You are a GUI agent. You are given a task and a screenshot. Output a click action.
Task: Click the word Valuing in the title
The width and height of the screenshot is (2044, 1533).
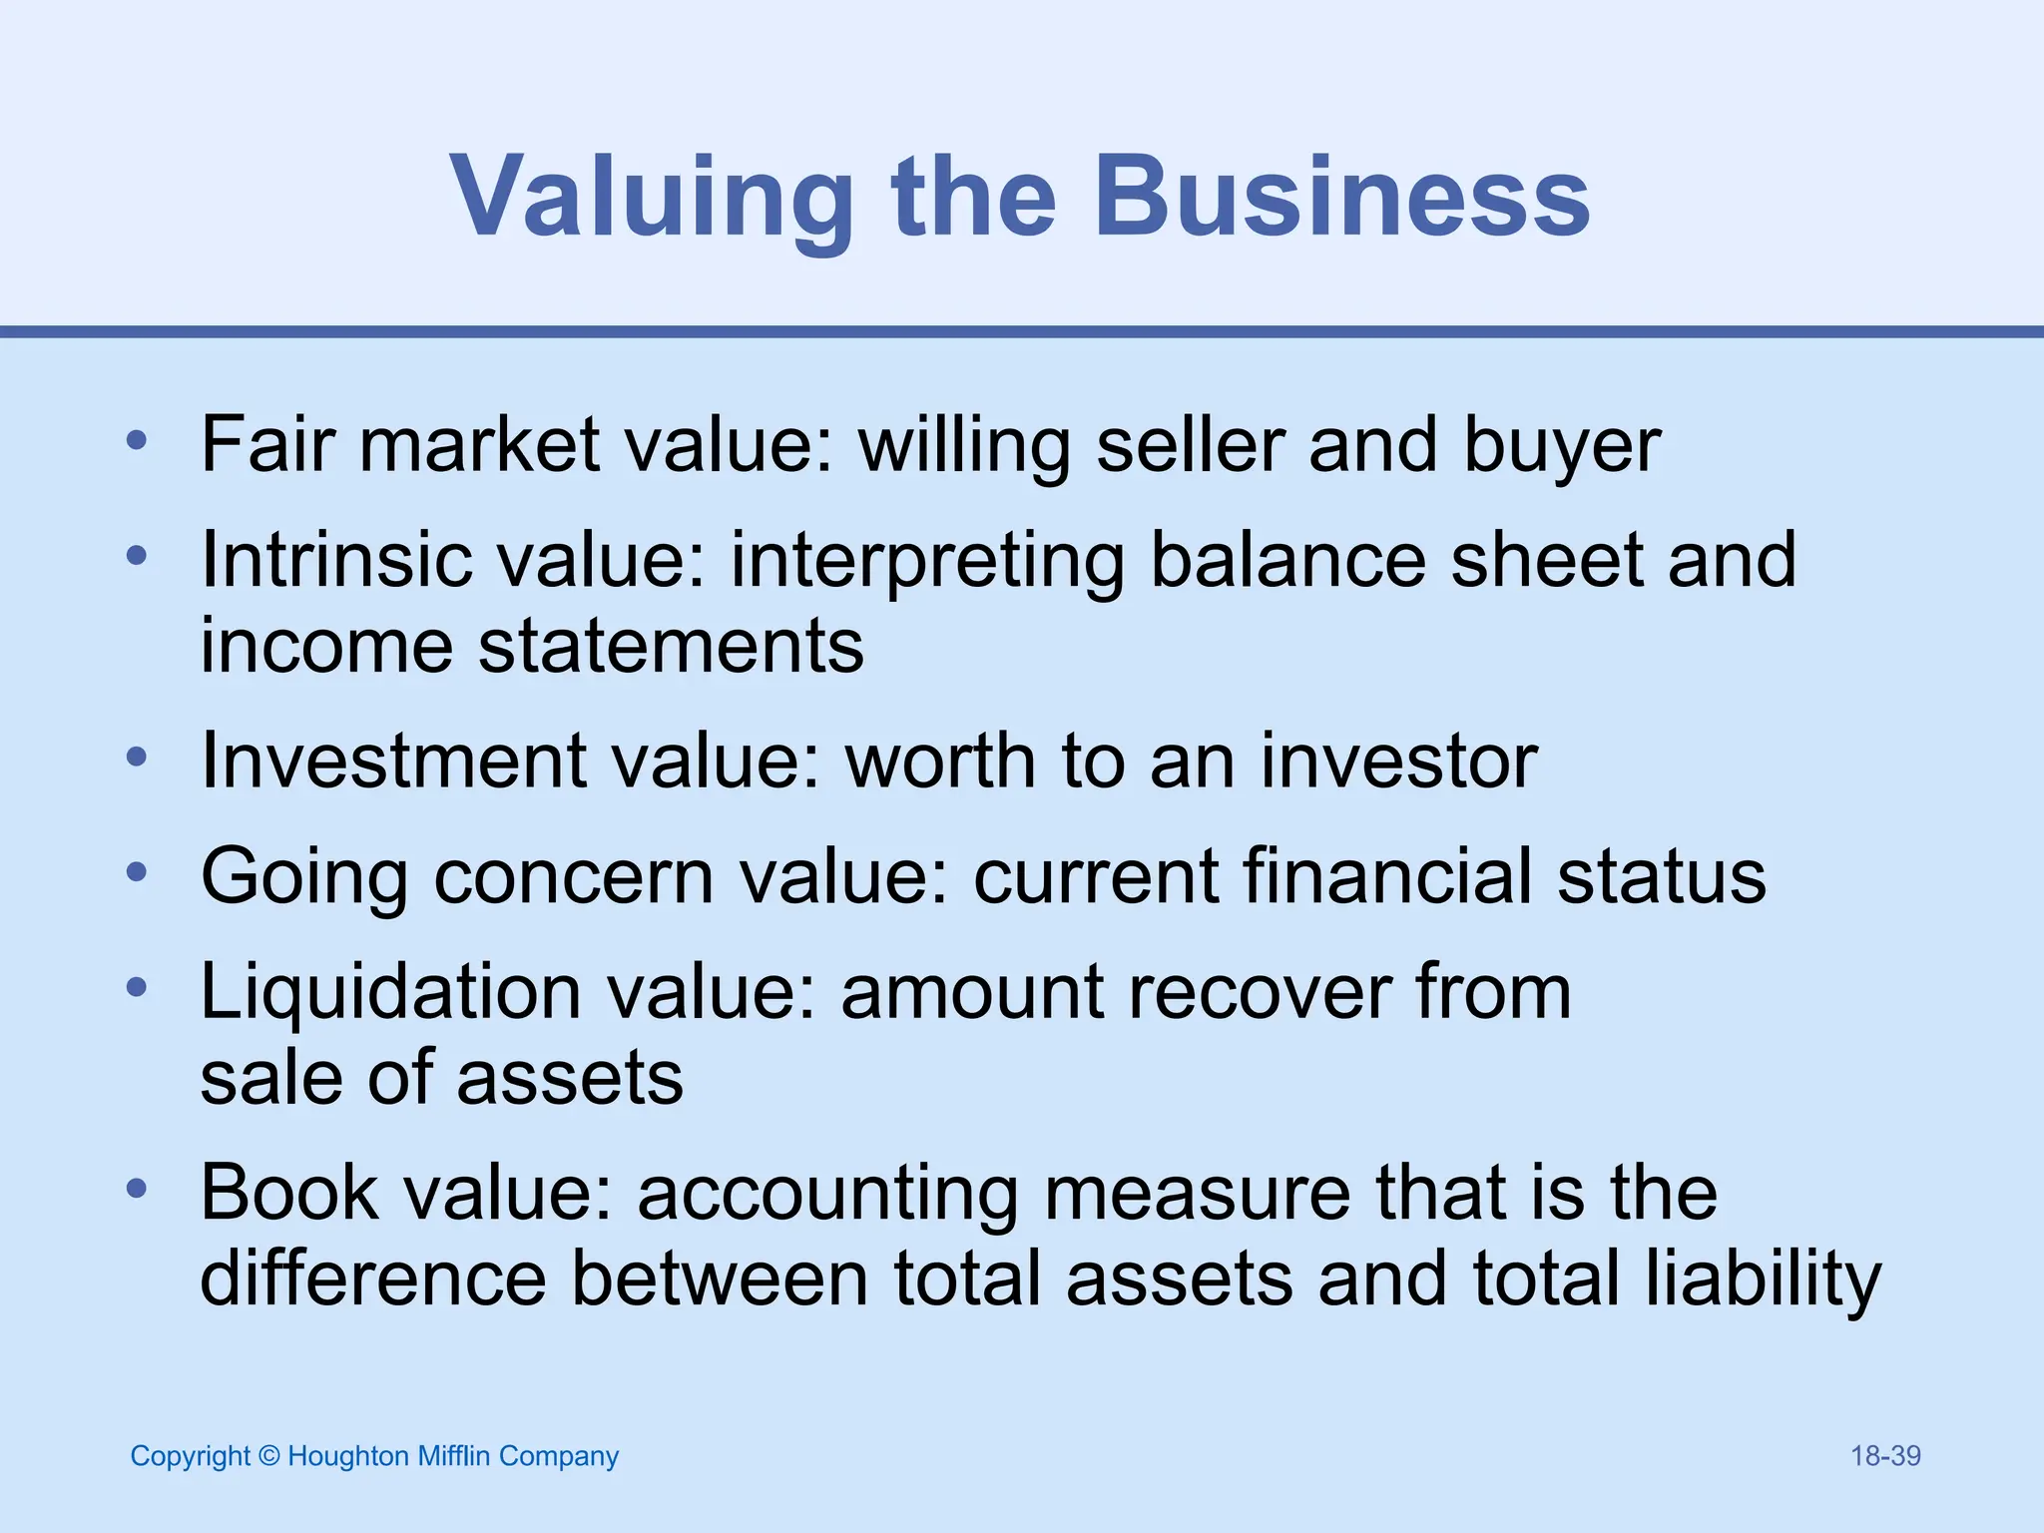coord(651,197)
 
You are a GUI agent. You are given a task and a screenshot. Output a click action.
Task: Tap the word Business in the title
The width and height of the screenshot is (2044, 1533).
coord(1341,197)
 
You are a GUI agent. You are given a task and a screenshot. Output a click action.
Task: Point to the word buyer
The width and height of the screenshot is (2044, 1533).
coord(1562,446)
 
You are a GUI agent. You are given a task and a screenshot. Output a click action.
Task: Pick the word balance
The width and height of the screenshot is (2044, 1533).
coord(1287,559)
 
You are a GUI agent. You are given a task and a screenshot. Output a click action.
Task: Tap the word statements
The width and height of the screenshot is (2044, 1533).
coord(671,646)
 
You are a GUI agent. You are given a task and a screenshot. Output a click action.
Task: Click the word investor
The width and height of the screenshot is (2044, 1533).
coord(1398,761)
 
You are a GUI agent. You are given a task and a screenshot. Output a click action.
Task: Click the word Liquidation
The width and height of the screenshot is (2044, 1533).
coord(390,993)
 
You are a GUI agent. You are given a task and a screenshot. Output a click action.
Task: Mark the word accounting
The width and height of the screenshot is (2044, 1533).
coord(827,1195)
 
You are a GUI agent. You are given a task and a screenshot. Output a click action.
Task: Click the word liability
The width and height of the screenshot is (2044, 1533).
coord(1763,1280)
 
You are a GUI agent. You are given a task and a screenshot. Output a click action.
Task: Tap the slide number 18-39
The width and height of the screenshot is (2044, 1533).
coord(1885,1456)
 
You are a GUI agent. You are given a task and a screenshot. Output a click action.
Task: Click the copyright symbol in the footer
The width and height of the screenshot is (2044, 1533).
coord(269,1456)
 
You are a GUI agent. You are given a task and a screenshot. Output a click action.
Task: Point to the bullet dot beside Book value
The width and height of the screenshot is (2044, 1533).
coord(138,1189)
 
